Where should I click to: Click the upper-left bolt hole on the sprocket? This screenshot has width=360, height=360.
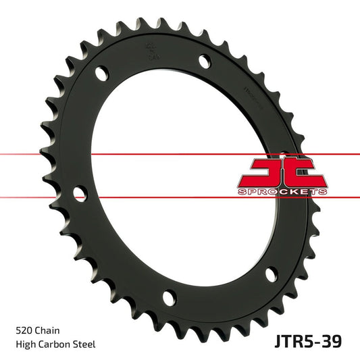[101, 71]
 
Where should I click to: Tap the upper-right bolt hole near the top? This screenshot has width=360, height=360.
[203, 61]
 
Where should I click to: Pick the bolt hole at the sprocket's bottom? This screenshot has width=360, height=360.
[168, 297]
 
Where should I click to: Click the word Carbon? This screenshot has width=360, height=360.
[56, 344]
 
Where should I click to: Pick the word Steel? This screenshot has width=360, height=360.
[86, 344]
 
